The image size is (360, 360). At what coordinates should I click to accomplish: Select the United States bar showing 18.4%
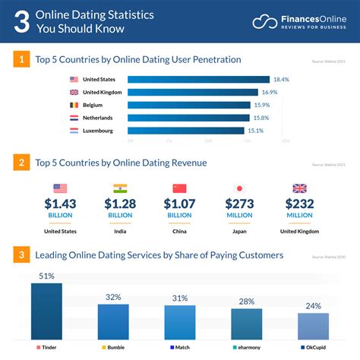(198, 79)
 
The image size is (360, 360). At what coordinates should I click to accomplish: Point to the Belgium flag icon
(74, 105)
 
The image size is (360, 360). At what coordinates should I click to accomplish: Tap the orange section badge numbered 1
(22, 58)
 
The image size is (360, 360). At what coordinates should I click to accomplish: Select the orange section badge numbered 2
(22, 163)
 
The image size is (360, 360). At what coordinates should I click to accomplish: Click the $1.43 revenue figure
(61, 204)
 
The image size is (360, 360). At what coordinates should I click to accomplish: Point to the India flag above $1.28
(120, 188)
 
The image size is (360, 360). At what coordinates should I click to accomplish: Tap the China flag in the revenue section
(179, 188)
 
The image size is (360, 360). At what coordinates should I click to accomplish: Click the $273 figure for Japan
(239, 204)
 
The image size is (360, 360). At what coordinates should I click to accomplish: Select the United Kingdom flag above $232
(299, 188)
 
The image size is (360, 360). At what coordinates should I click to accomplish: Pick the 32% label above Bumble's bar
(113, 297)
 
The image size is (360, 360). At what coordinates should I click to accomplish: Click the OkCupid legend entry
(313, 348)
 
